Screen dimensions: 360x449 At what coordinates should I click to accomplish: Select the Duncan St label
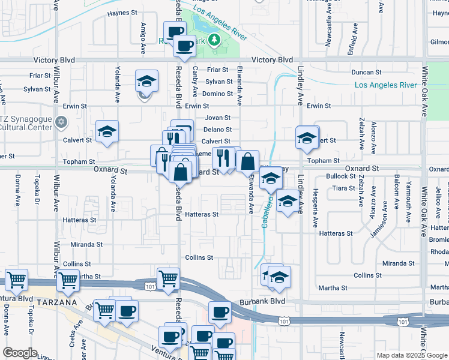(x=367, y=72)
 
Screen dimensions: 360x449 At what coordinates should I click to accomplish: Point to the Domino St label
(x=217, y=94)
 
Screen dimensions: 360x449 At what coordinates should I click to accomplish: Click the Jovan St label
(x=217, y=118)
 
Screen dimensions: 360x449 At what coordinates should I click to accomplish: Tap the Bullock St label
(x=341, y=176)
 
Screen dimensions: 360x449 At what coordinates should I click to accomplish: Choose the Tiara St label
(x=343, y=188)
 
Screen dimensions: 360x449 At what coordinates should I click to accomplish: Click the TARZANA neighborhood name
(x=58, y=302)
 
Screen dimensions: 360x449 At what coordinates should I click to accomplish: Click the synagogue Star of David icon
(x=60, y=122)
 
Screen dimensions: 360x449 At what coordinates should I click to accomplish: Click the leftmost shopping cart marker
(x=16, y=279)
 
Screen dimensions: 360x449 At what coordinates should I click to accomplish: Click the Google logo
(x=20, y=353)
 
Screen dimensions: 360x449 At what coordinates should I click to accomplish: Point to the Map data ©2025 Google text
(x=411, y=355)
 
